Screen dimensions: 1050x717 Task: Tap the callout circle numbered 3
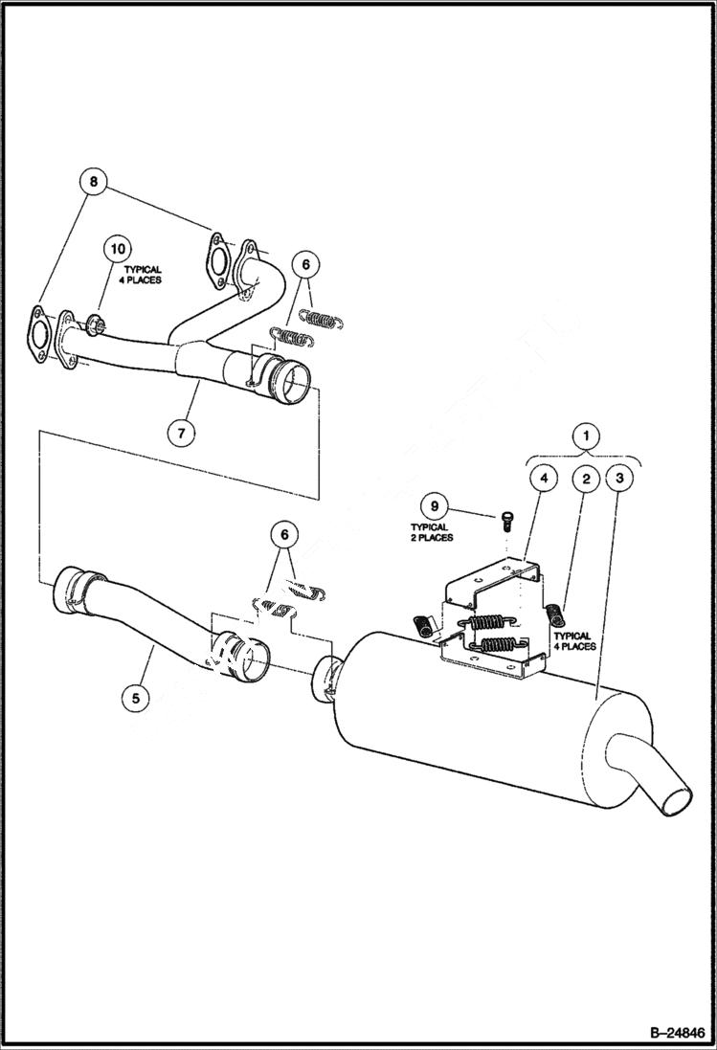pos(620,476)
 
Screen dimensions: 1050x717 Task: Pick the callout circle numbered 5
pos(135,698)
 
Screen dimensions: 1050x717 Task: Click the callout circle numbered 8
pos(94,180)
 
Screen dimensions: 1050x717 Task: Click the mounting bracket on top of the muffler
pos(488,613)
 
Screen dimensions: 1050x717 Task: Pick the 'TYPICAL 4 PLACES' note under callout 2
pos(573,641)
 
